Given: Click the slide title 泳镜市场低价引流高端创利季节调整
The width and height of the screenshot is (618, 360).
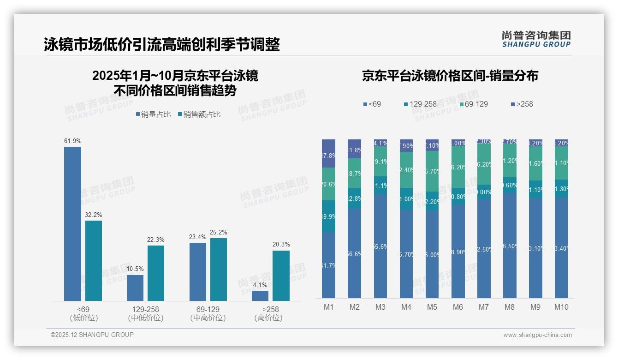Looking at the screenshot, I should pos(162,44).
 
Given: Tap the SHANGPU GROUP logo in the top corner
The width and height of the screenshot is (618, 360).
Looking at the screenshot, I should pos(536,39).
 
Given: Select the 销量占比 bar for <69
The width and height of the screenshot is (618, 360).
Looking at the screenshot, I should pos(72,224).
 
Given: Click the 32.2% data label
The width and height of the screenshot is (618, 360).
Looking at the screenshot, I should pos(94,215).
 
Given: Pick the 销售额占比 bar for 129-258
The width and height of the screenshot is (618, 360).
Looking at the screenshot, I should pos(156,273).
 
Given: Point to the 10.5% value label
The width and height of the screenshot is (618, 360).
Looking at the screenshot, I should pos(135,269).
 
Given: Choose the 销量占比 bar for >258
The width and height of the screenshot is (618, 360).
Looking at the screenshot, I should pos(260,296).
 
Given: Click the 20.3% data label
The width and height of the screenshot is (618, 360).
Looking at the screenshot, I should pos(281,245).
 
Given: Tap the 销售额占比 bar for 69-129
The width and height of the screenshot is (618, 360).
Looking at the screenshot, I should pos(219,270).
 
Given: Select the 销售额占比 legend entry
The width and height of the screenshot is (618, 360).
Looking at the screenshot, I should pos(199,114).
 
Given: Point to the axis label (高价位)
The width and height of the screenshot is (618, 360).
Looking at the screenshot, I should pos(268,318).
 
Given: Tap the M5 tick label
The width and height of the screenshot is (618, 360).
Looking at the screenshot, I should pos(432,307).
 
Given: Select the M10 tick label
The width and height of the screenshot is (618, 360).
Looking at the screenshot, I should pos(561,307).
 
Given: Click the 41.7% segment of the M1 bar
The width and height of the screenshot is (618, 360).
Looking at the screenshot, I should pos(329,265).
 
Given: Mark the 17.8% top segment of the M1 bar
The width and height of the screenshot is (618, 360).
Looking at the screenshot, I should pos(329,154).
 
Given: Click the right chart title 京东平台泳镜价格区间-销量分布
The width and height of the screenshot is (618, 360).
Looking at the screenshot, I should pos(450,76).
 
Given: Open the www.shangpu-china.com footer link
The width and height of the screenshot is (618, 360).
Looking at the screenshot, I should pos(537,335).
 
